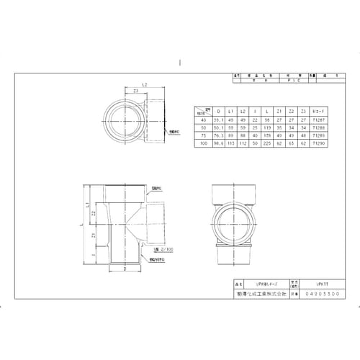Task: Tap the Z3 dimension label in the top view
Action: [136, 91]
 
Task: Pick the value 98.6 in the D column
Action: [218, 143]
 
